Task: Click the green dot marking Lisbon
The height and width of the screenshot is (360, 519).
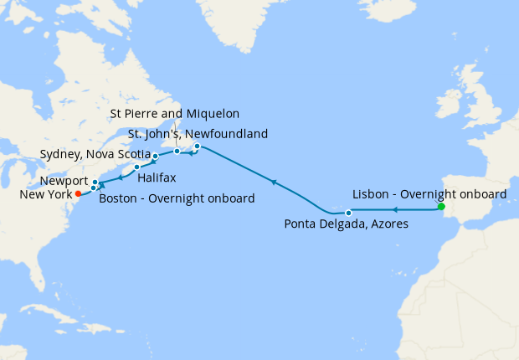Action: [441, 207]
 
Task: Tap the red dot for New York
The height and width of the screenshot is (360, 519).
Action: [78, 193]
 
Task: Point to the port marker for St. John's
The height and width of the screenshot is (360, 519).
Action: [197, 147]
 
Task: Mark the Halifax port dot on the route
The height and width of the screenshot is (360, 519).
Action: [137, 167]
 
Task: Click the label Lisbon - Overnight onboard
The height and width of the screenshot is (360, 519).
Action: [429, 193]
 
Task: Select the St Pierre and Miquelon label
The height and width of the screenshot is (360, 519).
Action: [175, 113]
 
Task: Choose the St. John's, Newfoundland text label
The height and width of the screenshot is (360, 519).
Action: [198, 133]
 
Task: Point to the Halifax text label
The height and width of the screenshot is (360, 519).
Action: [157, 177]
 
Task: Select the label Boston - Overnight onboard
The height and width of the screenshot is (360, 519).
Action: [177, 198]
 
